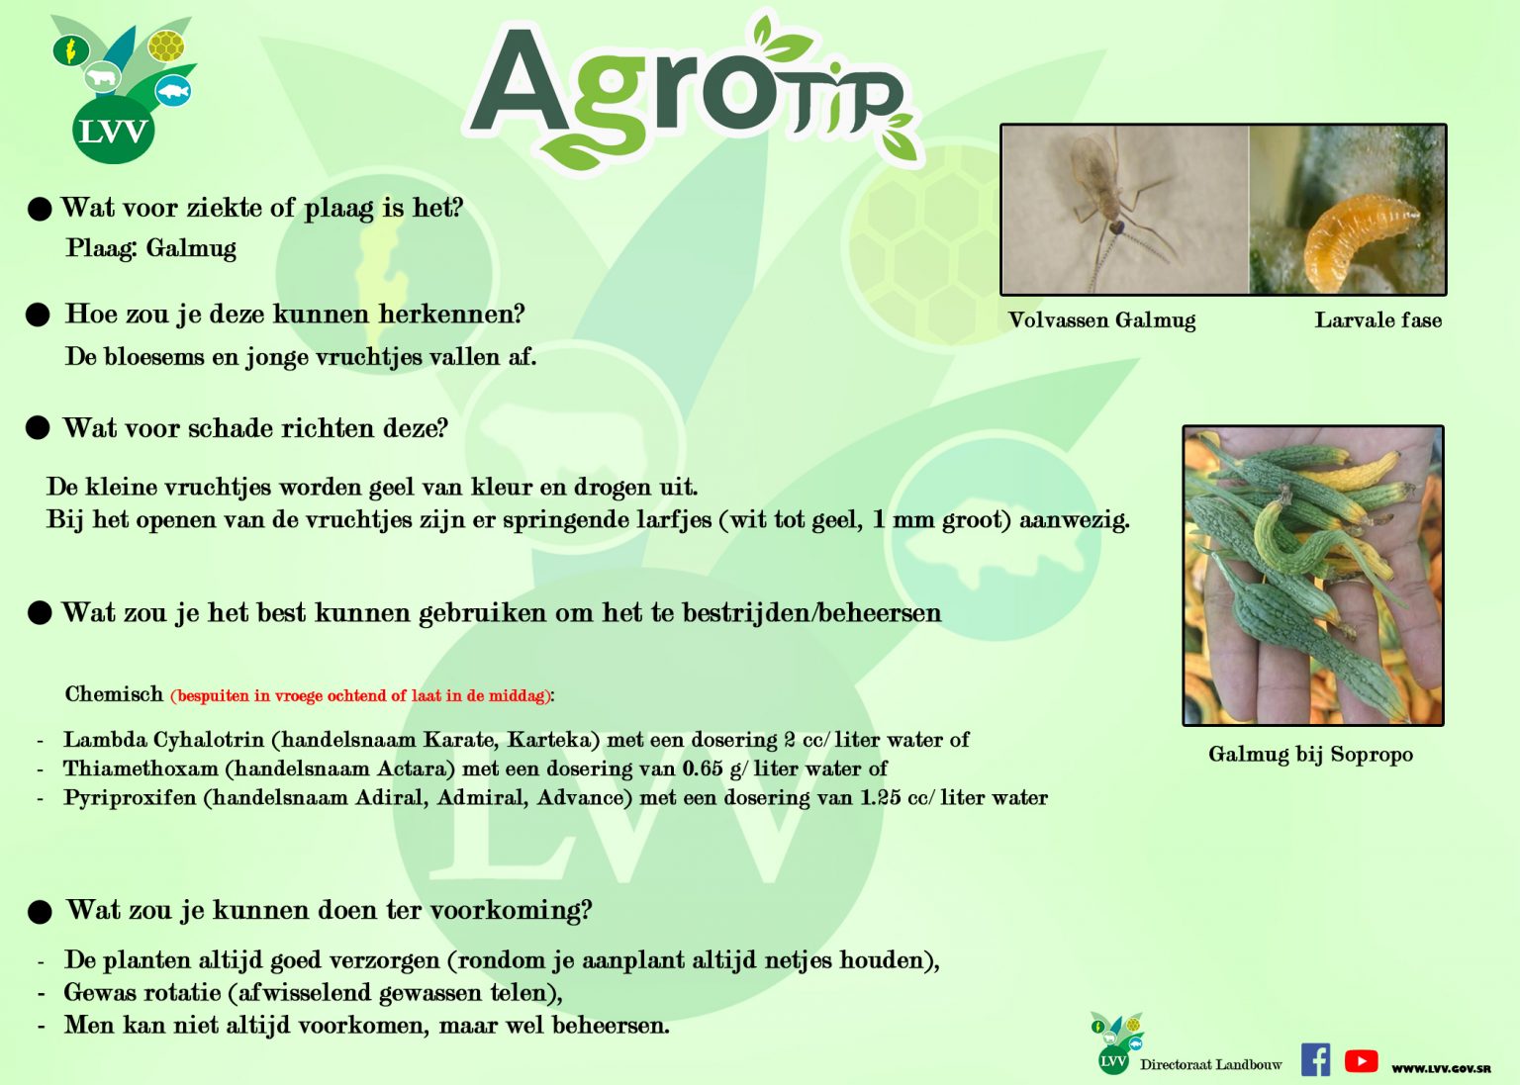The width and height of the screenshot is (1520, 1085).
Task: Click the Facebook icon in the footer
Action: coord(1315,1059)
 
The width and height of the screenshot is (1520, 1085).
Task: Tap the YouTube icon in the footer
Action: coord(1362,1060)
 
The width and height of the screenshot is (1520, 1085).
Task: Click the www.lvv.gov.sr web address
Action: coord(1441,1069)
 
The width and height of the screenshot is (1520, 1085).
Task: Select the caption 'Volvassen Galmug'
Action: coord(1102,319)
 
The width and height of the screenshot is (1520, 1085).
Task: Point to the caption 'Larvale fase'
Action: coord(1378,319)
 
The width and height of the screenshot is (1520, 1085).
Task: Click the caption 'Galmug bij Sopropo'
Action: coord(1311,754)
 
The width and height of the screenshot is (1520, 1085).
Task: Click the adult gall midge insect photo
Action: coord(1125,210)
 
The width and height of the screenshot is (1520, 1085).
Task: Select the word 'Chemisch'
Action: coord(114,693)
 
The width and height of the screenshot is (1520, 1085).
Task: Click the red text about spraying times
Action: coord(361,695)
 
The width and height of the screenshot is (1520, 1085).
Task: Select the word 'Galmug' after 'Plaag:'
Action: coord(191,248)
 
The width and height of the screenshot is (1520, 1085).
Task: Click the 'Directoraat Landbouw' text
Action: coord(1210,1064)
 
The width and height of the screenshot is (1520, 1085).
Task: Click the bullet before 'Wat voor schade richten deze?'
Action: coord(38,428)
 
